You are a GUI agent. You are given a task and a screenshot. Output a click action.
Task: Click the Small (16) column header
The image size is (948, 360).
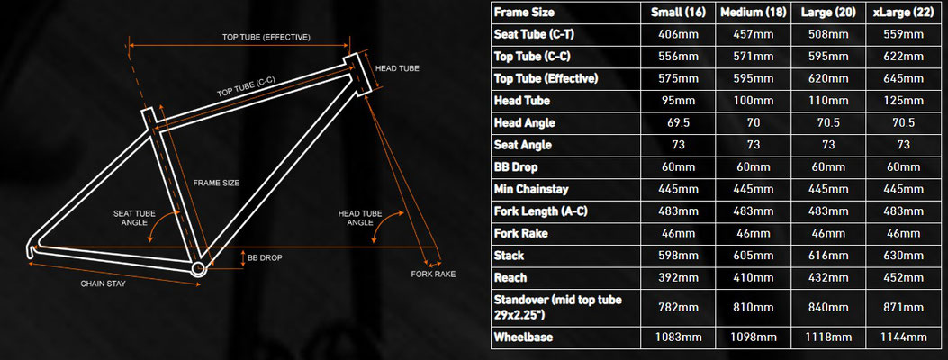678,12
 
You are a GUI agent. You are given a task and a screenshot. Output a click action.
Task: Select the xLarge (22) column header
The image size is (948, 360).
903,12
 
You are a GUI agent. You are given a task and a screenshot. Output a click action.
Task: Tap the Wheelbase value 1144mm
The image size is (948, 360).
903,337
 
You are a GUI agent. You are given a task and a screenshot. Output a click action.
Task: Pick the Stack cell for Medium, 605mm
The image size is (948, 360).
753,256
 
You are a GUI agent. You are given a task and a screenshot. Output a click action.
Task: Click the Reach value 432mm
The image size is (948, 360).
828,278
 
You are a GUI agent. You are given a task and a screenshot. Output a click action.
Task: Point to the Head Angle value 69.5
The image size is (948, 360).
678,122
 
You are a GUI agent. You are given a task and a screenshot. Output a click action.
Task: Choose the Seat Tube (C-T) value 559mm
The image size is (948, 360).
903,34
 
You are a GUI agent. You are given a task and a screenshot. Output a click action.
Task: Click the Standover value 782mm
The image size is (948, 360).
678,307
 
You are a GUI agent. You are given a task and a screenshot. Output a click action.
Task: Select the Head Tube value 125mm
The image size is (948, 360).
903,101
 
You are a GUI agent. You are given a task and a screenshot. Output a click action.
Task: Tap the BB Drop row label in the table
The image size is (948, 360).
516,167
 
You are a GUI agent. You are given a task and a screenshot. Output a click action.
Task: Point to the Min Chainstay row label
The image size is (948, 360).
531,189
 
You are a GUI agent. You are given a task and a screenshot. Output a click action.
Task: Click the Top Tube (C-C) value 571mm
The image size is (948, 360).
753,56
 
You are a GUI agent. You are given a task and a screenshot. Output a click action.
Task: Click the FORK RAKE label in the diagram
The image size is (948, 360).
433,274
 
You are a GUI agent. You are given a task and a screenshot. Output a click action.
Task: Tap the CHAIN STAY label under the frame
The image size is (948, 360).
104,283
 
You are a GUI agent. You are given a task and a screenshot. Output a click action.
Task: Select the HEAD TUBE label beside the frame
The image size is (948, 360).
397,68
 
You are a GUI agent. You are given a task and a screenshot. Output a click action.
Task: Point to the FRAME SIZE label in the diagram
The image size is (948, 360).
216,183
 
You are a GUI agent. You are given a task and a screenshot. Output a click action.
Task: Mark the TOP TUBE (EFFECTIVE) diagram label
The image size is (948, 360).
266,37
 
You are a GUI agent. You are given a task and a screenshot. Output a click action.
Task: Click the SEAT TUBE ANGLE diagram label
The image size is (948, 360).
131,218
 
